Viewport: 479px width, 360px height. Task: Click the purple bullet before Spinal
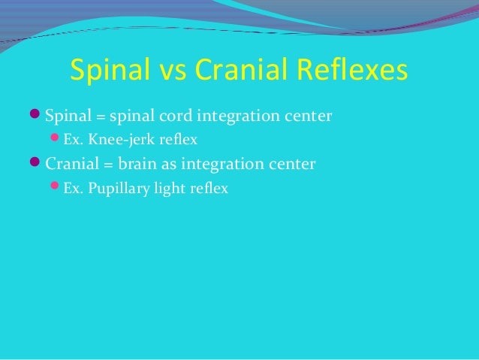click(38, 116)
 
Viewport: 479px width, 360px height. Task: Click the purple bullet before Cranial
click(38, 163)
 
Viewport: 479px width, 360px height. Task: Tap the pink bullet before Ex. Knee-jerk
click(56, 140)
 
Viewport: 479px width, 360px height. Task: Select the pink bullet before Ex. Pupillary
click(56, 187)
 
